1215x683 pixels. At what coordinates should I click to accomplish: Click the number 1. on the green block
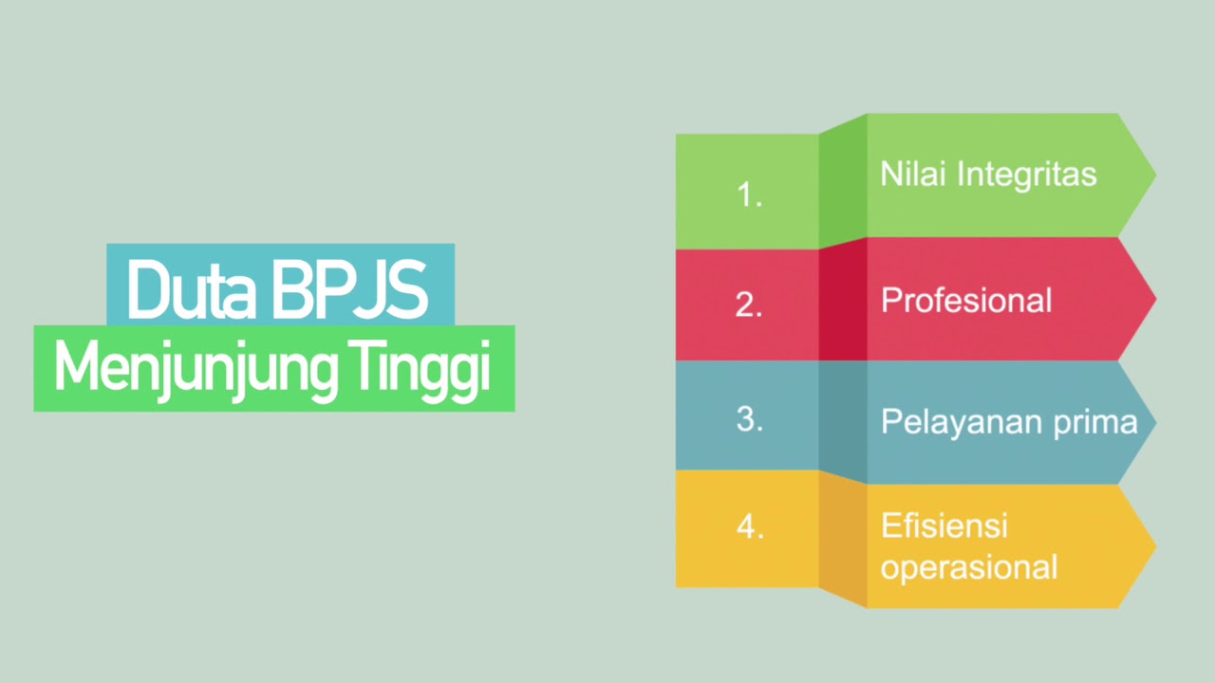coord(750,194)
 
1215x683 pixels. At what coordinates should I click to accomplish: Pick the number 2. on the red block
coord(749,305)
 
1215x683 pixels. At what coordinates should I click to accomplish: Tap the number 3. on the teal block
coord(750,419)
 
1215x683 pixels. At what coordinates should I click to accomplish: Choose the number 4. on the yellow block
coord(750,527)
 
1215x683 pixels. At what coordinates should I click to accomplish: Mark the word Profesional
coord(966,301)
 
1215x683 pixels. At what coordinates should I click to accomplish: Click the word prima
coord(1099,422)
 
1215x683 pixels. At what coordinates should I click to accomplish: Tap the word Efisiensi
coord(944,526)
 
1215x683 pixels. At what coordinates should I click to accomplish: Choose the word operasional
coord(968,567)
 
